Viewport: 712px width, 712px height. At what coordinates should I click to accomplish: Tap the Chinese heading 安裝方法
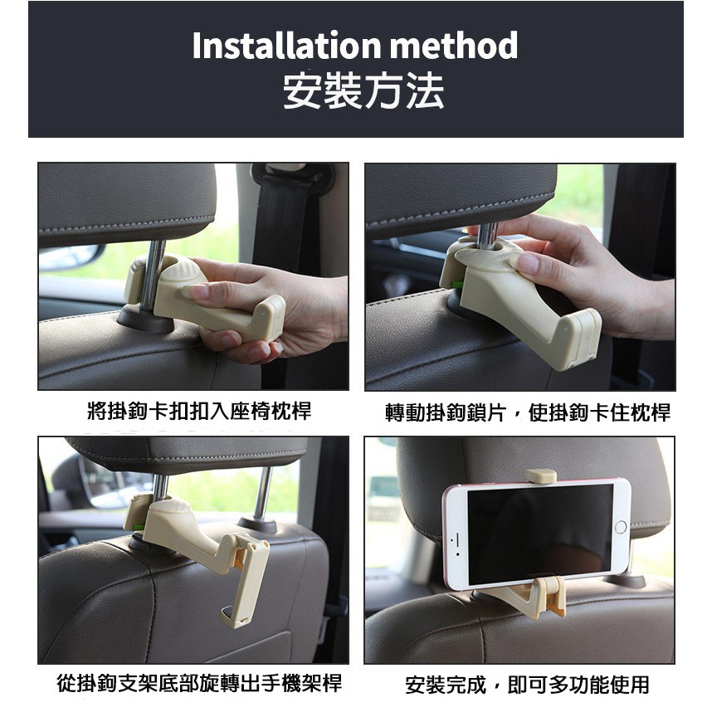(363, 91)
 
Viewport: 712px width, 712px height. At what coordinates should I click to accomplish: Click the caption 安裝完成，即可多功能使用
(528, 685)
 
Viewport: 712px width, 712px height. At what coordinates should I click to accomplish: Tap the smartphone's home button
(620, 528)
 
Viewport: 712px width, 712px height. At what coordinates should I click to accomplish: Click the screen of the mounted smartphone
(539, 531)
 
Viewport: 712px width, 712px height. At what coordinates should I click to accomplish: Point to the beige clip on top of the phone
(540, 475)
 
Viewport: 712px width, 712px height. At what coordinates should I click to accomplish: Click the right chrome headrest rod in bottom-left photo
(261, 494)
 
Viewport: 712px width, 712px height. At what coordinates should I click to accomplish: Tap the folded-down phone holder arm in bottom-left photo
(250, 581)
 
